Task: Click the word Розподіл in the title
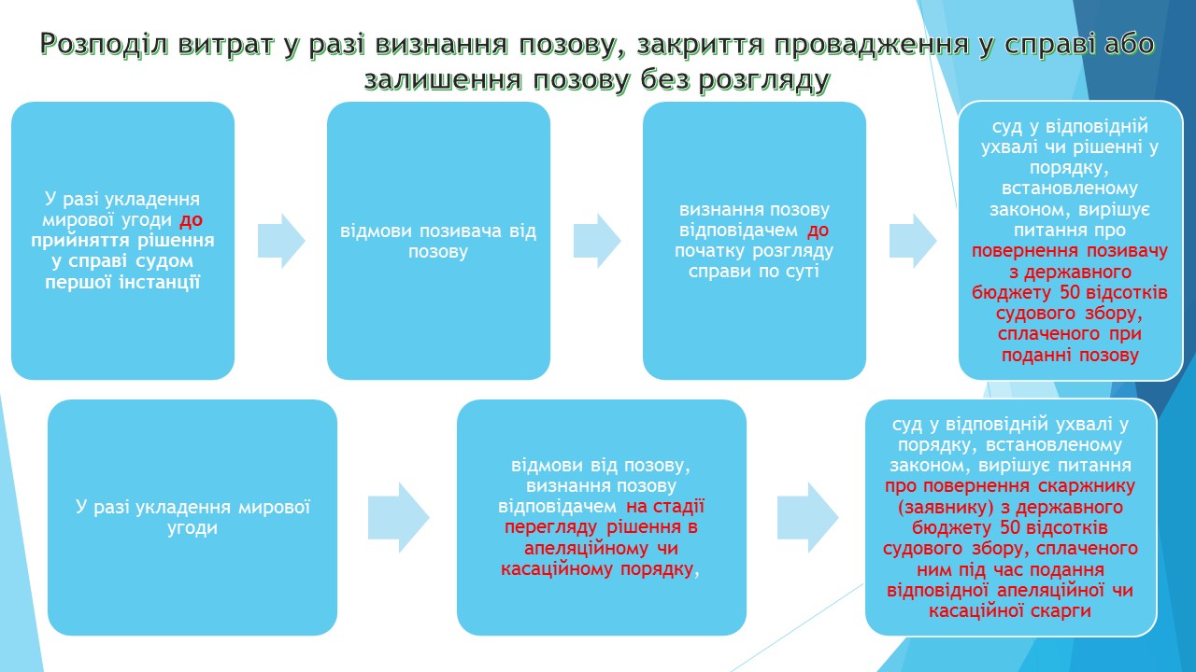click(x=113, y=43)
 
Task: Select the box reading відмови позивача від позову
click(x=438, y=241)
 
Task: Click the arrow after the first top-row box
click(x=280, y=241)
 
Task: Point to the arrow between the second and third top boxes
click(x=596, y=241)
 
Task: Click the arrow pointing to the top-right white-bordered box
click(x=912, y=241)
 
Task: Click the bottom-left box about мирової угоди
click(x=192, y=517)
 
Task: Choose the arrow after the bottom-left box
click(x=397, y=517)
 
